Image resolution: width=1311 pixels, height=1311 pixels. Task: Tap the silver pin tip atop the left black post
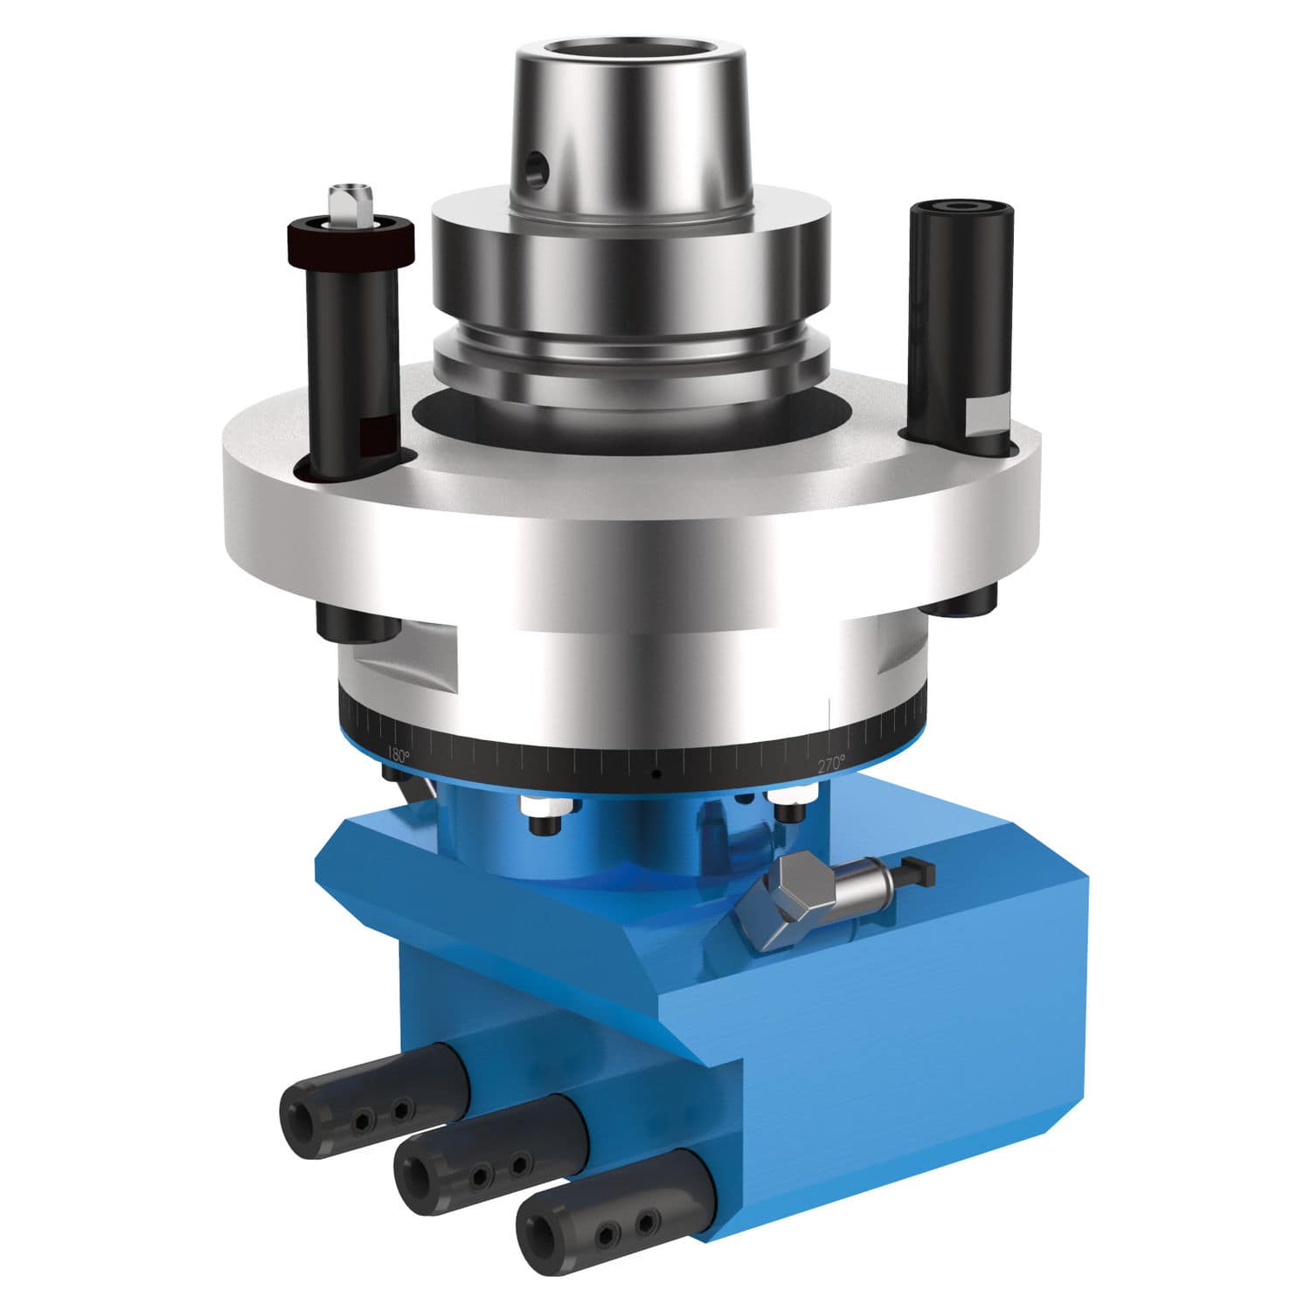350,202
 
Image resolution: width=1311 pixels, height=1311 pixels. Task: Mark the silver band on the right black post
988,415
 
